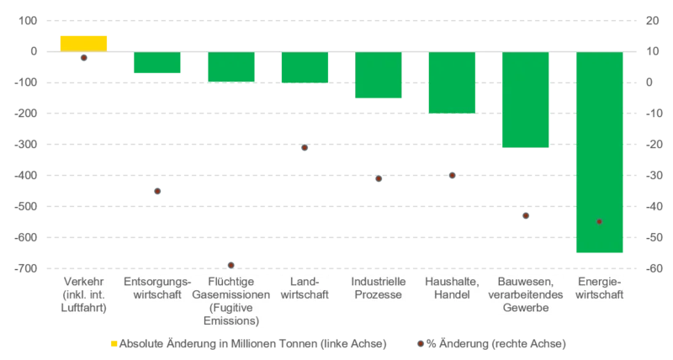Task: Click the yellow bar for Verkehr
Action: [82, 43]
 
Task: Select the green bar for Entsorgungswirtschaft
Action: [156, 63]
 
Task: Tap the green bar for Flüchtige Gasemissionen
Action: [231, 67]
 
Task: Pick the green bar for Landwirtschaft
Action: [305, 68]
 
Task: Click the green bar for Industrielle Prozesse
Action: [378, 76]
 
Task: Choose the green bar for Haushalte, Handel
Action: [452, 82]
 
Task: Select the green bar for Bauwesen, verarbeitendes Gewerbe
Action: [525, 99]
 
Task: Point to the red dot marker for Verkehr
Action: [82, 58]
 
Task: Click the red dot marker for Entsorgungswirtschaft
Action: [156, 191]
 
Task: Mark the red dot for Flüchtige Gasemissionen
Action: [231, 265]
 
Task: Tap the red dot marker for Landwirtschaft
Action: [304, 148]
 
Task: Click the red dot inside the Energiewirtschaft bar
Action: [599, 221]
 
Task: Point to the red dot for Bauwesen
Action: [525, 216]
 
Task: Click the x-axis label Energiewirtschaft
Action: [599, 288]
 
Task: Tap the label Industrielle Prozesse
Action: [378, 288]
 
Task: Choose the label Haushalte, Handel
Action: [452, 288]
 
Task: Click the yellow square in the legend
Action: [113, 343]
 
